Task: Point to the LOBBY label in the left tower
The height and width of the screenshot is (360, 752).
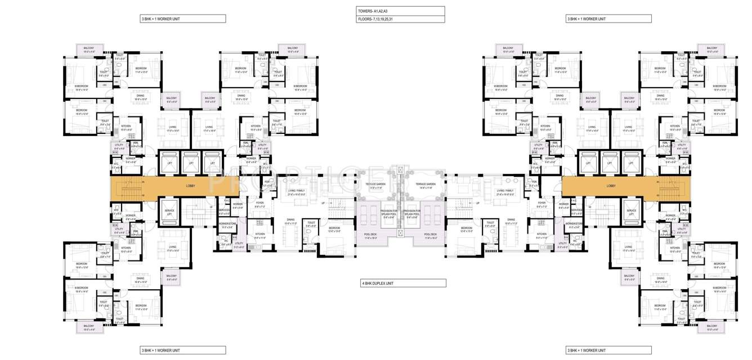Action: [190, 186]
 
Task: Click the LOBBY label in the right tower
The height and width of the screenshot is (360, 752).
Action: [611, 186]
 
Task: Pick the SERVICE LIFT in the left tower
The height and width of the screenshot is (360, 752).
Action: [169, 211]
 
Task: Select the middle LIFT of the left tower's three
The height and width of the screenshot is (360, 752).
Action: [191, 163]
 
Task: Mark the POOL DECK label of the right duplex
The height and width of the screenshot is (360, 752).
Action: [430, 235]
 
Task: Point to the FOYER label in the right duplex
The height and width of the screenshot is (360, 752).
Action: [541, 203]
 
